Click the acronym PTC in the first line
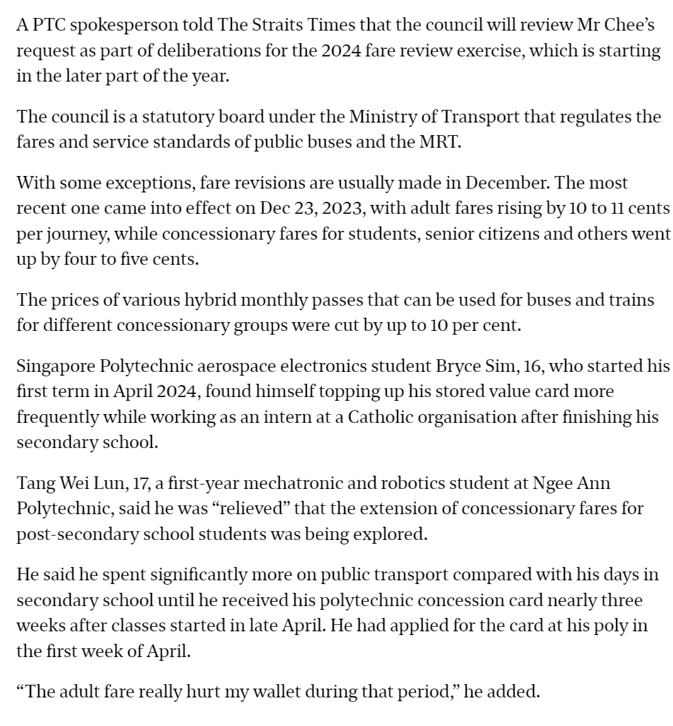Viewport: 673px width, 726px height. (x=47, y=26)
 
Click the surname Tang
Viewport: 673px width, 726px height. (x=36, y=483)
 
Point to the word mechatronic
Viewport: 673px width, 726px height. (x=293, y=483)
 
